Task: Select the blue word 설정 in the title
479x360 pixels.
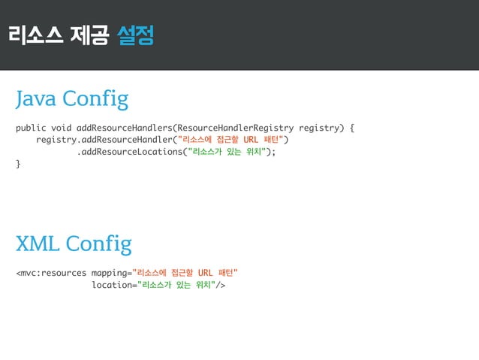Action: (x=136, y=35)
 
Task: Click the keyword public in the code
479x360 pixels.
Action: (x=31, y=127)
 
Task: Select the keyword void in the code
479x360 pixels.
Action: (x=62, y=127)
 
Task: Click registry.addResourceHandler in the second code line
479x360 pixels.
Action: (x=104, y=140)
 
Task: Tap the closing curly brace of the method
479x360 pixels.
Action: (x=19, y=164)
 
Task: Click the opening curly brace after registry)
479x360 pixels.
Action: (x=352, y=127)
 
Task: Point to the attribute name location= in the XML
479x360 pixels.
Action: (x=113, y=285)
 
